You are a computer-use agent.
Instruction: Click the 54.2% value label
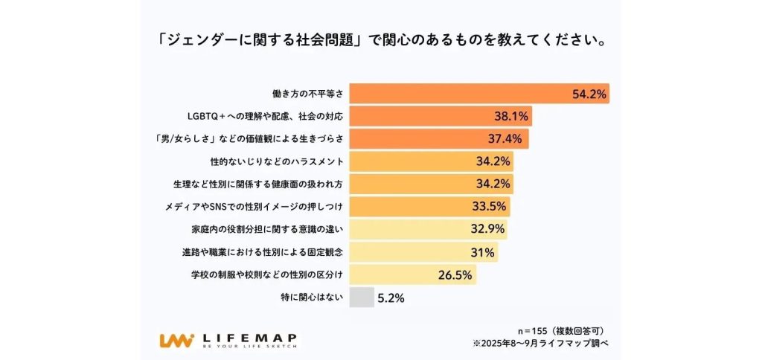[x=589, y=94]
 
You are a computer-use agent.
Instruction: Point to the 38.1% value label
[x=511, y=116]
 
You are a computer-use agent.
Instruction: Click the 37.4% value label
[x=508, y=138]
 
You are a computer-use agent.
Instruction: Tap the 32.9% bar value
[x=487, y=229]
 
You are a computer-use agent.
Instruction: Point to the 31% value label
[x=482, y=252]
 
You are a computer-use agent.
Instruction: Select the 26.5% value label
[x=455, y=274]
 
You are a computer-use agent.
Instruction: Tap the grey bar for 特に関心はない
[x=362, y=298]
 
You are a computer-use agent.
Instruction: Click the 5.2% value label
[x=391, y=298]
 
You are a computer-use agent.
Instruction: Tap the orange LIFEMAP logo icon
[x=176, y=340]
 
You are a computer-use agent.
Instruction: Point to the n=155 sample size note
[x=565, y=329]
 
